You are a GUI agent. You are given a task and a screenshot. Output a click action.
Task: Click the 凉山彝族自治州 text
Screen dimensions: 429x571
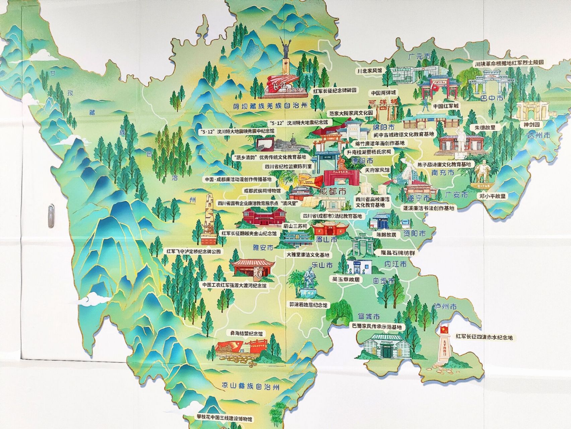[250, 386]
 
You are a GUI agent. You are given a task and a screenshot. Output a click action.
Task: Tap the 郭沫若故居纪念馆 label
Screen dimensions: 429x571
[308, 305]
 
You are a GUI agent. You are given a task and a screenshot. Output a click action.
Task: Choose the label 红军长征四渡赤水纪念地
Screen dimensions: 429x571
[484, 338]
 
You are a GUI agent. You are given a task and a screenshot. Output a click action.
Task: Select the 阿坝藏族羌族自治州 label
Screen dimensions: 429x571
[270, 106]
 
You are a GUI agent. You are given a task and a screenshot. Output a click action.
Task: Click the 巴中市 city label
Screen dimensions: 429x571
[492, 98]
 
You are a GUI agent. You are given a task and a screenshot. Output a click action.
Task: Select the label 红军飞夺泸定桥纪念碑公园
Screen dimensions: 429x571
[194, 251]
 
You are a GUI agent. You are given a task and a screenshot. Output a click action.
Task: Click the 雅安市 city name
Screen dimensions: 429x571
[263, 248]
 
